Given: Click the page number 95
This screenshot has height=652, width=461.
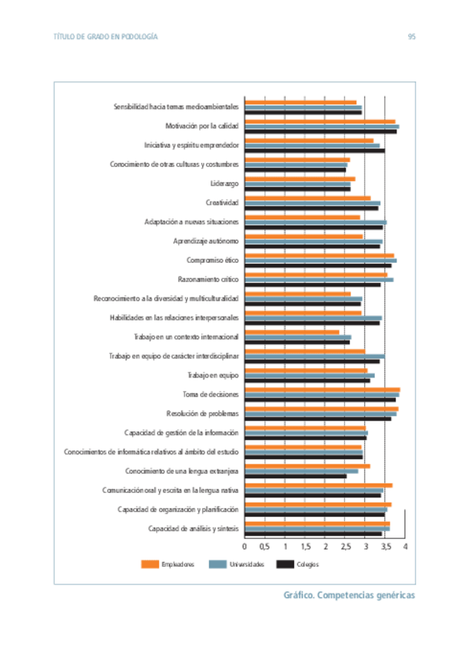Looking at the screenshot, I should pyautogui.click(x=412, y=37).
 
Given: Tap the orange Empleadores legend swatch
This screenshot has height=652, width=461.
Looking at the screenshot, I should pyautogui.click(x=151, y=564).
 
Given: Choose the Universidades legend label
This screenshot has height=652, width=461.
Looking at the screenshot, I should pyautogui.click(x=247, y=564).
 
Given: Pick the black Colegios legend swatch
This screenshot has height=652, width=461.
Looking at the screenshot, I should pyautogui.click(x=285, y=564).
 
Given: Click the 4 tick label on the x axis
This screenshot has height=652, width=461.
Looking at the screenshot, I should pyautogui.click(x=404, y=546).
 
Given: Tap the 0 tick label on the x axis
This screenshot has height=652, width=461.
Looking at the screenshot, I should pyautogui.click(x=245, y=546).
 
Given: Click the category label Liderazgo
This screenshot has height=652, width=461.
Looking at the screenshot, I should pyautogui.click(x=224, y=184).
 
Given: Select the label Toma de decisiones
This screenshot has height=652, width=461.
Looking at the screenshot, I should pyautogui.click(x=211, y=394).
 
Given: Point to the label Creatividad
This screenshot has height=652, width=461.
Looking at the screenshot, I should pyautogui.click(x=222, y=203).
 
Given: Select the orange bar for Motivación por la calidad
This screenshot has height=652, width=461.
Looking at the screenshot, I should pyautogui.click(x=320, y=121).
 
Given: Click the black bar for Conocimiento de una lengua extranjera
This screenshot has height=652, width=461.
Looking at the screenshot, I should pyautogui.click(x=296, y=476).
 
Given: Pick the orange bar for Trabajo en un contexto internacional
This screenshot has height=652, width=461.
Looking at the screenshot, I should pyautogui.click(x=292, y=332).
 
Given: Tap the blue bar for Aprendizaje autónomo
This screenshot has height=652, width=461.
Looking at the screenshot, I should pyautogui.click(x=313, y=241).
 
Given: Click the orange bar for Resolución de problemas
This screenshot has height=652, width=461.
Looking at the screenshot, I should pyautogui.click(x=321, y=409).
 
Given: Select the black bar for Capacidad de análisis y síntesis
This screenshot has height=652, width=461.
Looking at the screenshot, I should pyautogui.click(x=313, y=534).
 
